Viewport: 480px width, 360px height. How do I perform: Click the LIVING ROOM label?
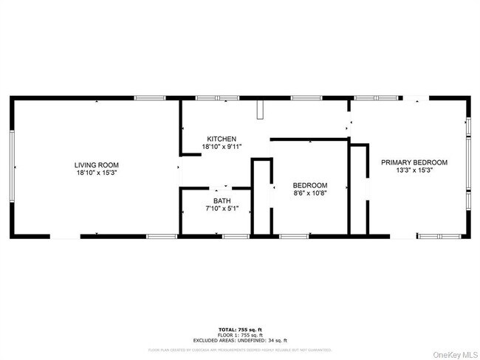pyautogui.click(x=96, y=165)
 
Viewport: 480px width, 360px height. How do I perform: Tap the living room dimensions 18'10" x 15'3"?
pyautogui.click(x=96, y=172)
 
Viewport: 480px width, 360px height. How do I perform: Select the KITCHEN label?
pyautogui.click(x=222, y=139)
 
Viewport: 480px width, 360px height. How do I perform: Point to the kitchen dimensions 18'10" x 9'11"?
pyautogui.click(x=222, y=146)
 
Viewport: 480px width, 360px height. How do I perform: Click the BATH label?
pyautogui.click(x=222, y=201)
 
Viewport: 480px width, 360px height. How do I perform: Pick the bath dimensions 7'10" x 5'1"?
pyautogui.click(x=222, y=208)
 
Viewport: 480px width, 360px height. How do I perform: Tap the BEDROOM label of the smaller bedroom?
pyautogui.click(x=310, y=185)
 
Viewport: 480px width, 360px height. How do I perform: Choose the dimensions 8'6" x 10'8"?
pyautogui.click(x=310, y=193)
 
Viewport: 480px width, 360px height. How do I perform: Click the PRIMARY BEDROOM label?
pyautogui.click(x=414, y=162)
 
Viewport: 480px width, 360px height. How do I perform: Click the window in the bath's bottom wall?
pyautogui.click(x=235, y=236)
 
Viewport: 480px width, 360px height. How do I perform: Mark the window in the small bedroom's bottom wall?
pyautogui.click(x=292, y=236)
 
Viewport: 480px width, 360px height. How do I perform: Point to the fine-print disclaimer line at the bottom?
pyautogui.click(x=240, y=349)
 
